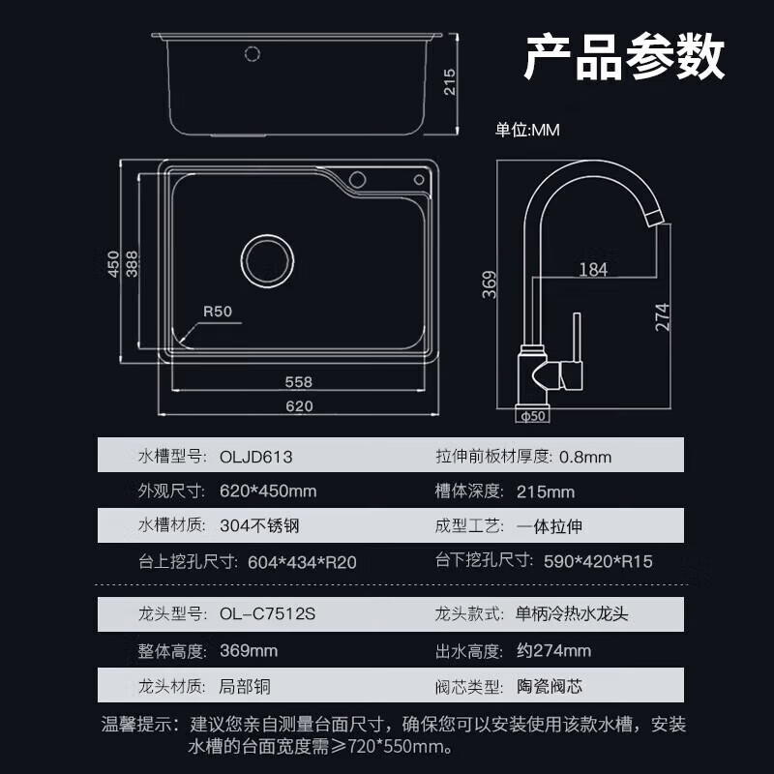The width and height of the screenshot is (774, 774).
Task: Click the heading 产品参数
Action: (x=624, y=58)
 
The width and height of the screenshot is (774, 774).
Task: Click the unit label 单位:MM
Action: (x=528, y=130)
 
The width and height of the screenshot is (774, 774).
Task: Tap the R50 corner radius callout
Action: (x=218, y=312)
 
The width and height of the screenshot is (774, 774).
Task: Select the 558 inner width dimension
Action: (x=298, y=381)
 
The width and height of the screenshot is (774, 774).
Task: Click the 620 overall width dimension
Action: (x=299, y=405)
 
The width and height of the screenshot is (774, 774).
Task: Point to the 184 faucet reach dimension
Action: (x=593, y=270)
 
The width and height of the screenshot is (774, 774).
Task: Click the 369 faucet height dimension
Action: (x=490, y=283)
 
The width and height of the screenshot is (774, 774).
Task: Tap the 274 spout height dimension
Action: (x=663, y=316)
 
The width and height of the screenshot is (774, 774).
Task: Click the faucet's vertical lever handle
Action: (x=576, y=339)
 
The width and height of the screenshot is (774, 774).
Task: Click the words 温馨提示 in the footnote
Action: (x=135, y=724)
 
